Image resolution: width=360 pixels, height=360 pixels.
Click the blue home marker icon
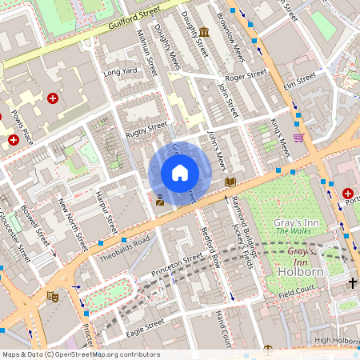[180, 173]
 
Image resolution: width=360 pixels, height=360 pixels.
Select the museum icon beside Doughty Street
[205, 32]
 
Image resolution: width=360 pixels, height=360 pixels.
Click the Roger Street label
[245, 75]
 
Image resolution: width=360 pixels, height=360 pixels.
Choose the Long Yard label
[121, 72]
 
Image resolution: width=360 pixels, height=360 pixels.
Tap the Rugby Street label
[146, 126]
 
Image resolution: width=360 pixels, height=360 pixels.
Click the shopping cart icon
[298, 138]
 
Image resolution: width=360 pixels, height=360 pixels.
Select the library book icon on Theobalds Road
[230, 182]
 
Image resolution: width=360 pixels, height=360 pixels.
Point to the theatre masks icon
[54, 297]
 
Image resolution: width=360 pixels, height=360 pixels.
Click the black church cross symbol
[353, 283]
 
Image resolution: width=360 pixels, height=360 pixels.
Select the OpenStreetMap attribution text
[81, 354]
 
